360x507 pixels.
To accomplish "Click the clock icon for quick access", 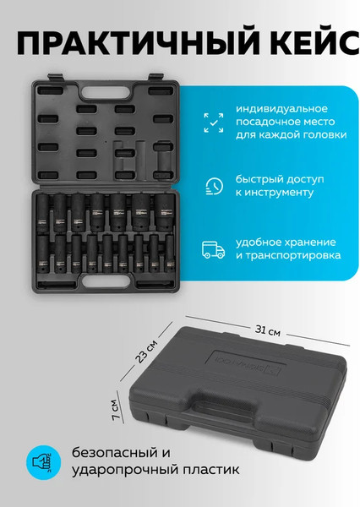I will (x=214, y=185).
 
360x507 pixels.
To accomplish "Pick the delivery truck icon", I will (x=214, y=248).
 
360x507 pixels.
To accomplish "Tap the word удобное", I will (x=258, y=240).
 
